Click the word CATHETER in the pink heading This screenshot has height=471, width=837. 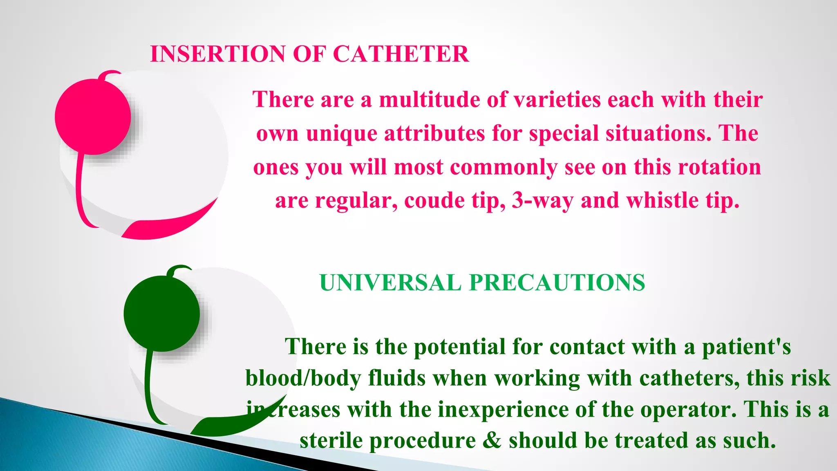point(401,54)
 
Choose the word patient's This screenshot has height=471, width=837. point(746,347)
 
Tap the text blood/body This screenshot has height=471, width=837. point(303,378)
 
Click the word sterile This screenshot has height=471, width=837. point(331,441)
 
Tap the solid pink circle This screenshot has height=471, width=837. point(93,117)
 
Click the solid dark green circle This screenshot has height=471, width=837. point(162,314)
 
